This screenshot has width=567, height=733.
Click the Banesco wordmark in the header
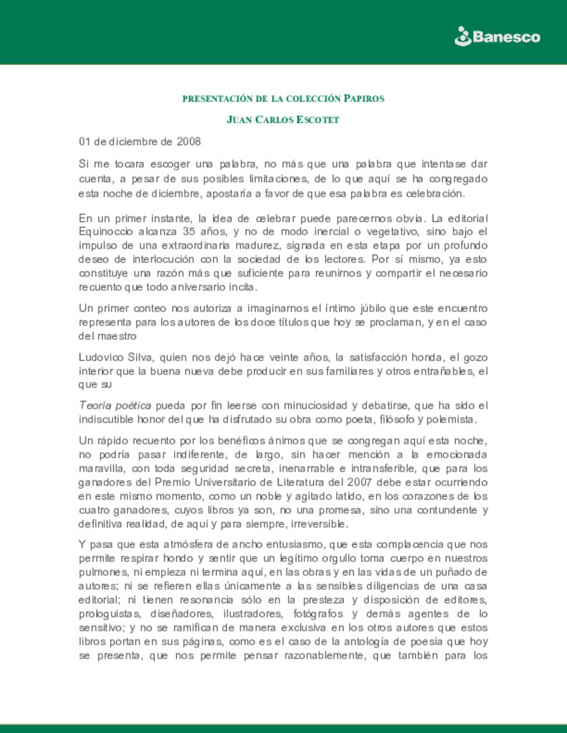pos(506,37)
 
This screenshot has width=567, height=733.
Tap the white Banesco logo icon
pos(463,36)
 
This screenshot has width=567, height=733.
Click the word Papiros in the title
pos(364,99)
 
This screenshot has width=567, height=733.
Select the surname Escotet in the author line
pos(318,120)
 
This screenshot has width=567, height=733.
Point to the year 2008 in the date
pos(188,142)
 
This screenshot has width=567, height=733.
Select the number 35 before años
pos(188,232)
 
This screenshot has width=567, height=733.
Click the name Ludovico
pos(100,357)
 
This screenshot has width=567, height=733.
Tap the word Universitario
pos(233,482)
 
